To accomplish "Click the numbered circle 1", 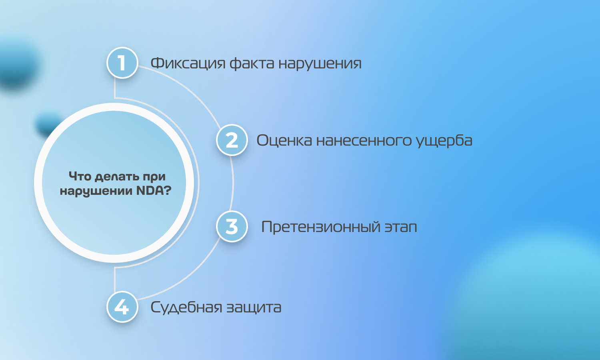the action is pyautogui.click(x=122, y=63).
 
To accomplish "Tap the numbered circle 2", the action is pyautogui.click(x=232, y=140).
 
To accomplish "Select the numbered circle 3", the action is pyautogui.click(x=232, y=226).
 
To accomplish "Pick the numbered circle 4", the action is pyautogui.click(x=122, y=307).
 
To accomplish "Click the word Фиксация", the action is pyautogui.click(x=188, y=64).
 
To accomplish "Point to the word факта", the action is pyautogui.click(x=252, y=64).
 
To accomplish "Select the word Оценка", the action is pyautogui.click(x=284, y=140).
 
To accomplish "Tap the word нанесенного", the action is pyautogui.click(x=364, y=141).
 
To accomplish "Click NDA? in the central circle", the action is pyautogui.click(x=154, y=191).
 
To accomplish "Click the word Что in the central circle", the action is pyautogui.click(x=80, y=176).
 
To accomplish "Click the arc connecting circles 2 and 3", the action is pyautogui.click(x=233, y=183).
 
